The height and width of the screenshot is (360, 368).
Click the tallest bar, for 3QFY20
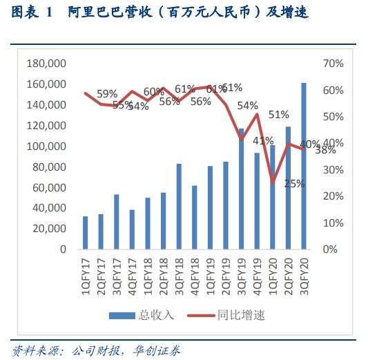point(304,166)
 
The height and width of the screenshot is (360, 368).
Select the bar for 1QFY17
point(86,232)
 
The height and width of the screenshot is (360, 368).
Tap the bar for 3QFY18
point(179,206)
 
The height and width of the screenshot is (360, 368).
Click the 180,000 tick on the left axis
point(46,64)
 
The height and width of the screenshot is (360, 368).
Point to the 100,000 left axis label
point(46,146)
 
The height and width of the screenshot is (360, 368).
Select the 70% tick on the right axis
point(333,64)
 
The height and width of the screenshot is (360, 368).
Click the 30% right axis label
point(333,170)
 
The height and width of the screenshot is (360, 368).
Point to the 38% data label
point(326,150)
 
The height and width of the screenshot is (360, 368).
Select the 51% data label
point(279,114)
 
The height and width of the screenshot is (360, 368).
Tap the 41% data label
point(263,141)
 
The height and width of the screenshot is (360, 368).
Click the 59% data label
point(107,93)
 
